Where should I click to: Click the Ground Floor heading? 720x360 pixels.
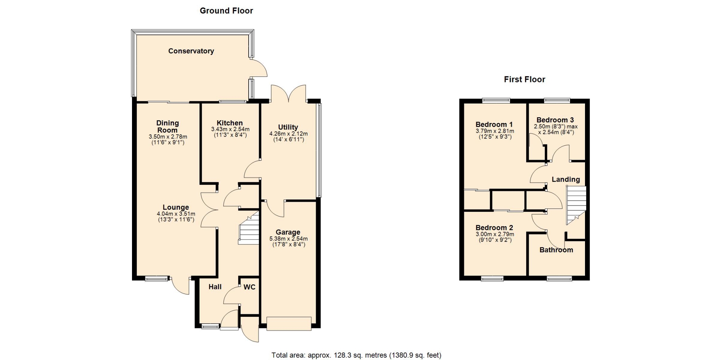click(x=226, y=11)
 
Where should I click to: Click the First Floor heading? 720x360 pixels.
click(x=524, y=79)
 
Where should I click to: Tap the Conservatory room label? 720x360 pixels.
click(x=191, y=51)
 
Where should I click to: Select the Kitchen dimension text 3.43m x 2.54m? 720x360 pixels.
click(x=230, y=129)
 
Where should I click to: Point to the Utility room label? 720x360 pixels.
click(x=288, y=127)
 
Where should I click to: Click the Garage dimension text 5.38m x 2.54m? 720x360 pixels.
click(x=288, y=239)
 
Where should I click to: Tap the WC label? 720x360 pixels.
click(x=249, y=287)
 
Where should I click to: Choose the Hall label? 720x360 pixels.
click(x=215, y=287)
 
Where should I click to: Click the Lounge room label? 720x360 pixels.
click(x=175, y=207)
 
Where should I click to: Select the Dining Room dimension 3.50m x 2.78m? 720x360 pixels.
click(x=168, y=137)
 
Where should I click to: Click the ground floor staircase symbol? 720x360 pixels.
click(x=249, y=228)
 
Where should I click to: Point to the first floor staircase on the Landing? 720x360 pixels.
click(x=576, y=205)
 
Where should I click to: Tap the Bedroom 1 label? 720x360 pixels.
click(x=494, y=124)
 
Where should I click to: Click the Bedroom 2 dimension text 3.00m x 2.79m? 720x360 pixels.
click(x=495, y=234)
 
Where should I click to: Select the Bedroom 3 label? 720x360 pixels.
click(x=555, y=120)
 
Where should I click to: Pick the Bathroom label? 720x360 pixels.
click(x=556, y=250)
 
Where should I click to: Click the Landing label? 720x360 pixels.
click(x=565, y=180)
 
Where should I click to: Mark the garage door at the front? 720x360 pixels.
click(x=289, y=324)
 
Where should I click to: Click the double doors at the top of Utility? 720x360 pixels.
click(x=288, y=93)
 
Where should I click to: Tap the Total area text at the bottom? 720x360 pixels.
click(x=356, y=355)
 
